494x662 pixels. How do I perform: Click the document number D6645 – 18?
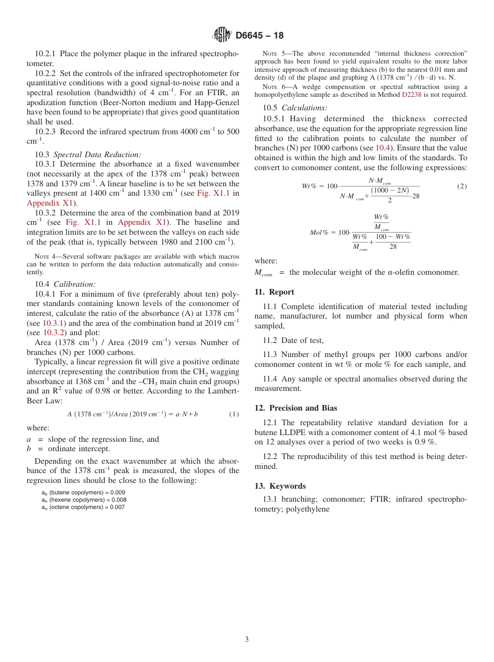[x=259, y=36]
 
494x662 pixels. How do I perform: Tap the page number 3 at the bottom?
[x=247, y=639]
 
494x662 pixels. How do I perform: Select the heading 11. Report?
[x=274, y=292]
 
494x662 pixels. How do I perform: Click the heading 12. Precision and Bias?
[x=296, y=408]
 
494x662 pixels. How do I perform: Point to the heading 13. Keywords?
[x=280, y=486]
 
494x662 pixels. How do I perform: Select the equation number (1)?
[x=234, y=414]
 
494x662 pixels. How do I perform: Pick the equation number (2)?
[x=462, y=186]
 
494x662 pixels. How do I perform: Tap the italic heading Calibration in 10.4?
[x=75, y=284]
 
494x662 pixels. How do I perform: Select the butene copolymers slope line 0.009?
[x=83, y=492]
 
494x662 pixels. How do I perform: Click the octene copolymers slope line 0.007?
[x=83, y=507]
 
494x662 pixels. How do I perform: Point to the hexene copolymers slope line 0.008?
[x=84, y=500]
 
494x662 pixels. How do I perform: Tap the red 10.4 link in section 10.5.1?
[x=382, y=148]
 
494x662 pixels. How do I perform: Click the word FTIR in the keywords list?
[x=381, y=500]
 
